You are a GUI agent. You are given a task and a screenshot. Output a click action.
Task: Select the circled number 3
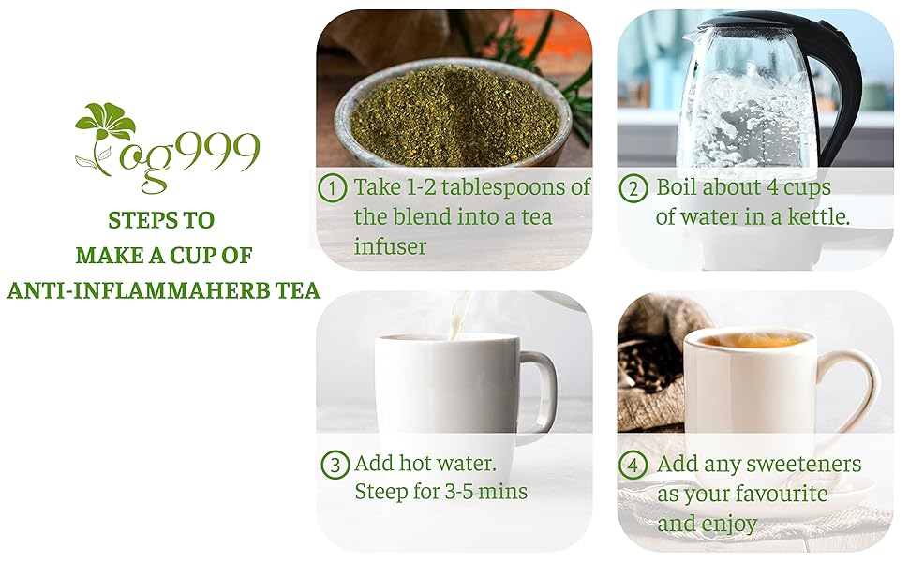click(335, 465)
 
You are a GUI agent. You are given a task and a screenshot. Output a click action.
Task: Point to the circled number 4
click(633, 465)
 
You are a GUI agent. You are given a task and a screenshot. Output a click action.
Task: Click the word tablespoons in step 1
click(486, 186)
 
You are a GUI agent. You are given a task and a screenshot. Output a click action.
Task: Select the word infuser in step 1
click(390, 247)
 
